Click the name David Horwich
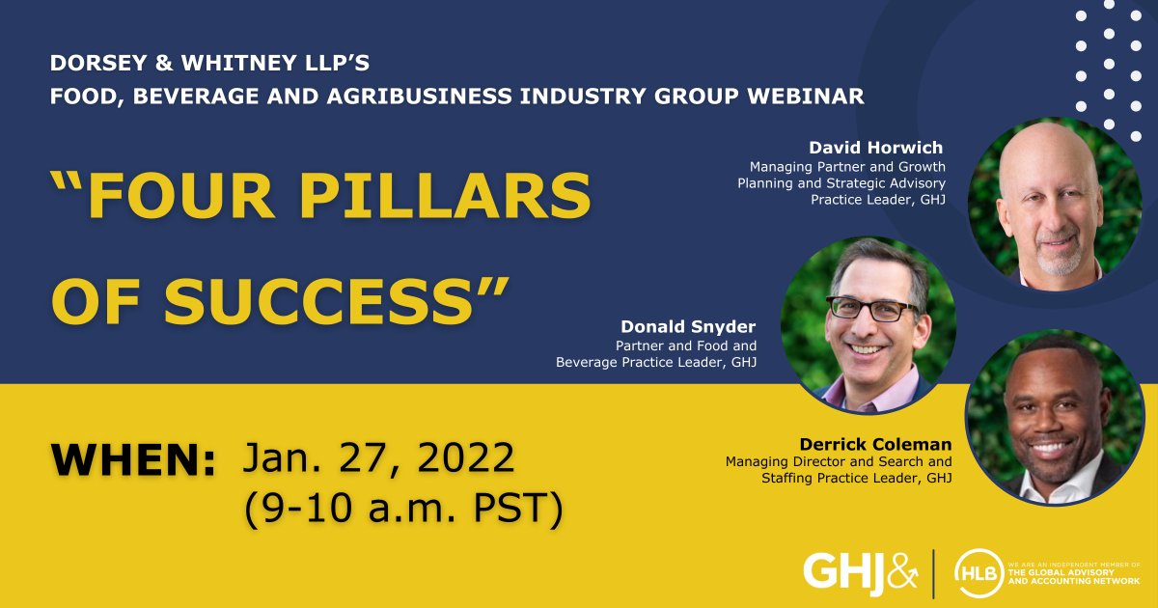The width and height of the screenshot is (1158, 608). click(876, 148)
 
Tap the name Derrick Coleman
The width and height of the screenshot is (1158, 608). click(875, 444)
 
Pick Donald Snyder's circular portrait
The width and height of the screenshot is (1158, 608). click(868, 325)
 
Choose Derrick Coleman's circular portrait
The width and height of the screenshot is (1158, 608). click(1054, 419)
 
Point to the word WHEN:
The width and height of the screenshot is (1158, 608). click(133, 461)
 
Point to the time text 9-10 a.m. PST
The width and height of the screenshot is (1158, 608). click(403, 509)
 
